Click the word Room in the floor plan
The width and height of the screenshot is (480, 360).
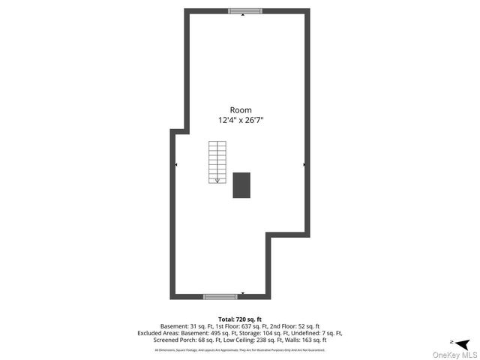(241, 109)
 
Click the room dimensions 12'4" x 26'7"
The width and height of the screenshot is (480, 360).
(241, 120)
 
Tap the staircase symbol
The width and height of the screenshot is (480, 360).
(217, 162)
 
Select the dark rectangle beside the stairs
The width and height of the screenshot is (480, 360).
(241, 185)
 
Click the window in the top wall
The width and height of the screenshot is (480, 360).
(244, 11)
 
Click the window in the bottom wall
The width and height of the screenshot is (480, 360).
(220, 297)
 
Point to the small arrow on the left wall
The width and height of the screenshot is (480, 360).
(176, 164)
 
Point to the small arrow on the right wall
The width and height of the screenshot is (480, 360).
(304, 164)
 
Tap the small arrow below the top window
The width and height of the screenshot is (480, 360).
(243, 16)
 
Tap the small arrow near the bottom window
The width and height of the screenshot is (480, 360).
(243, 293)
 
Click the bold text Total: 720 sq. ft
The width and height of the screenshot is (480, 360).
(240, 319)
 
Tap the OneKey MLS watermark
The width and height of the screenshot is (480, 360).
(454, 355)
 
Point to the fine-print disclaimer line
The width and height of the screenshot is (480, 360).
(240, 349)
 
